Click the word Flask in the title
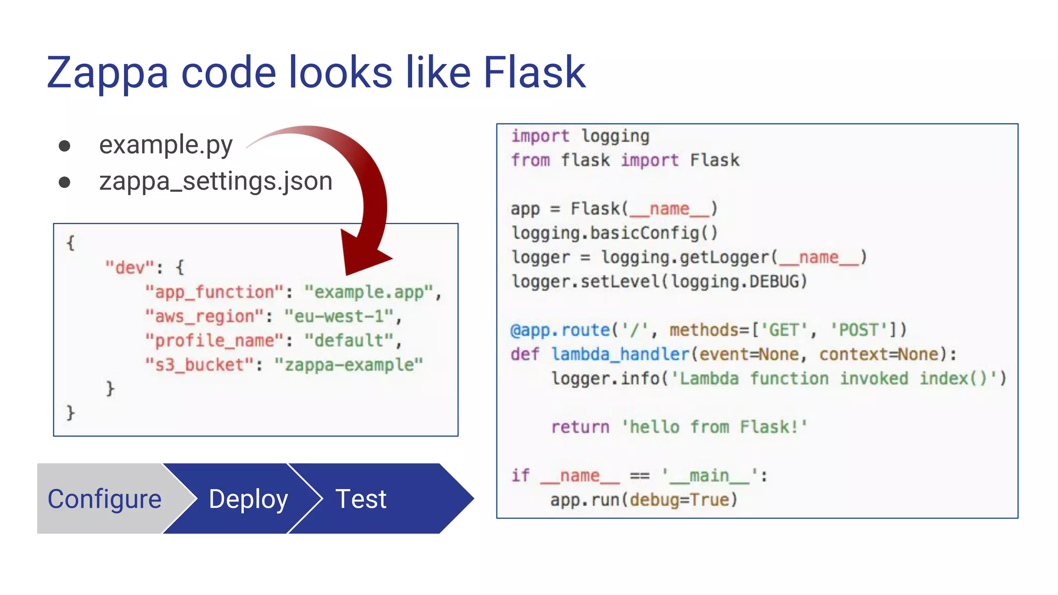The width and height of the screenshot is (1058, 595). [534, 72]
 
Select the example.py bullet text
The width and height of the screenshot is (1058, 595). [166, 145]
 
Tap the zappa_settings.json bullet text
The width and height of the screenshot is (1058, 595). [215, 182]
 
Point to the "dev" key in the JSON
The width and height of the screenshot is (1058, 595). [129, 268]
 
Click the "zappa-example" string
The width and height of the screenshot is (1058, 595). [349, 365]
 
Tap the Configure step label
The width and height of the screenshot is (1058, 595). [104, 499]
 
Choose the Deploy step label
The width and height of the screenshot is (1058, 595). [248, 499]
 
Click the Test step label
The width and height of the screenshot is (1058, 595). [361, 499]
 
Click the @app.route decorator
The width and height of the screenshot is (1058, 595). [560, 330]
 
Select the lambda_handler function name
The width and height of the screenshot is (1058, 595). [620, 354]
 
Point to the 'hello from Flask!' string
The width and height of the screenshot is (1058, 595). [714, 427]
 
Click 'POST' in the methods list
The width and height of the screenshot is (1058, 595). [858, 330]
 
